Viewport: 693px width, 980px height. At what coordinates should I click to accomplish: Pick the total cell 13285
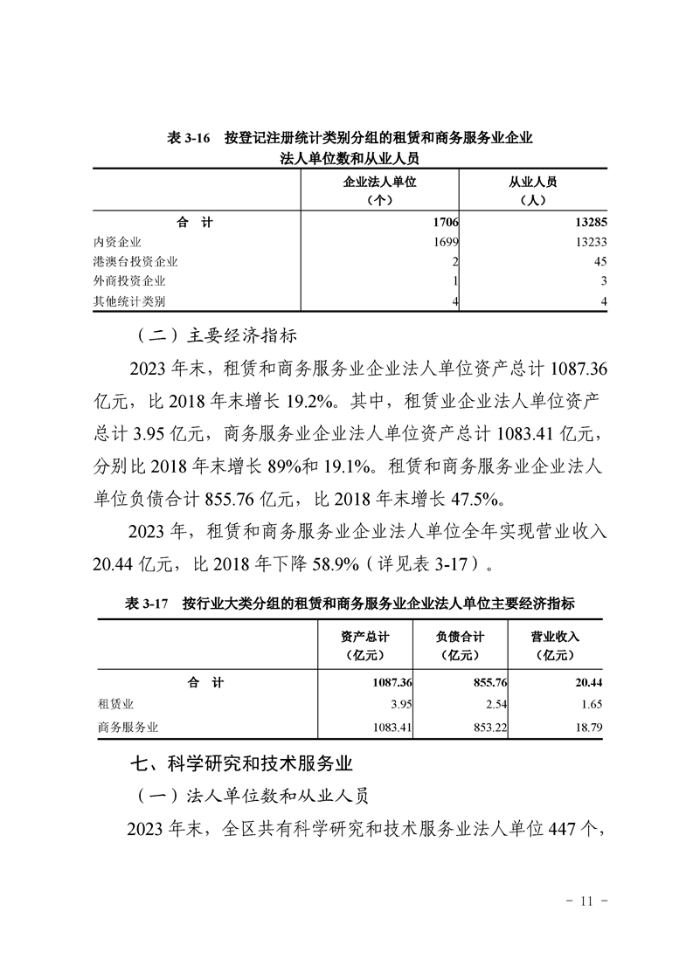[586, 223]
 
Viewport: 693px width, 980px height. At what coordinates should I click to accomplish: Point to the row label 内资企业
[117, 242]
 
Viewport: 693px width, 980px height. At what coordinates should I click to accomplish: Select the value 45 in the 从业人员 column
[599, 262]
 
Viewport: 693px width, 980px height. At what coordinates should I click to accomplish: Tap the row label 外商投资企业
[129, 281]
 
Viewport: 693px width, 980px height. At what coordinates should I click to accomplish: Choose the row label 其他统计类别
[129, 301]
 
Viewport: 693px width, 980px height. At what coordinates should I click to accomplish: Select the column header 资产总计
[364, 637]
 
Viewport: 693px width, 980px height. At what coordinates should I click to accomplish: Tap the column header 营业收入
[555, 637]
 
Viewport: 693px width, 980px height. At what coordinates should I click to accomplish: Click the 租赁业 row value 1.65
[590, 704]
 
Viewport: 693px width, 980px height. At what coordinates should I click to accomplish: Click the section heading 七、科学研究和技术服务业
[240, 763]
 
